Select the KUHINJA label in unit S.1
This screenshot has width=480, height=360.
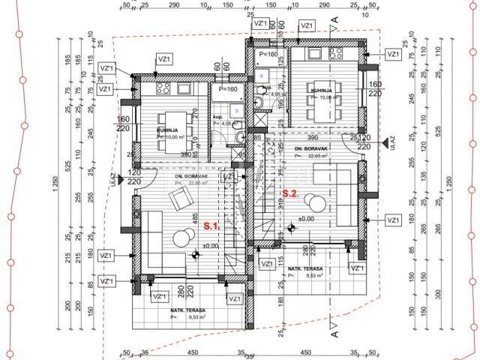168,130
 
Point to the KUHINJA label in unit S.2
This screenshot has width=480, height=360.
323,90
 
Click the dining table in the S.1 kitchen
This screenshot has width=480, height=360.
166,136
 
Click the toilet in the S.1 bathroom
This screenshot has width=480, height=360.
235,138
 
